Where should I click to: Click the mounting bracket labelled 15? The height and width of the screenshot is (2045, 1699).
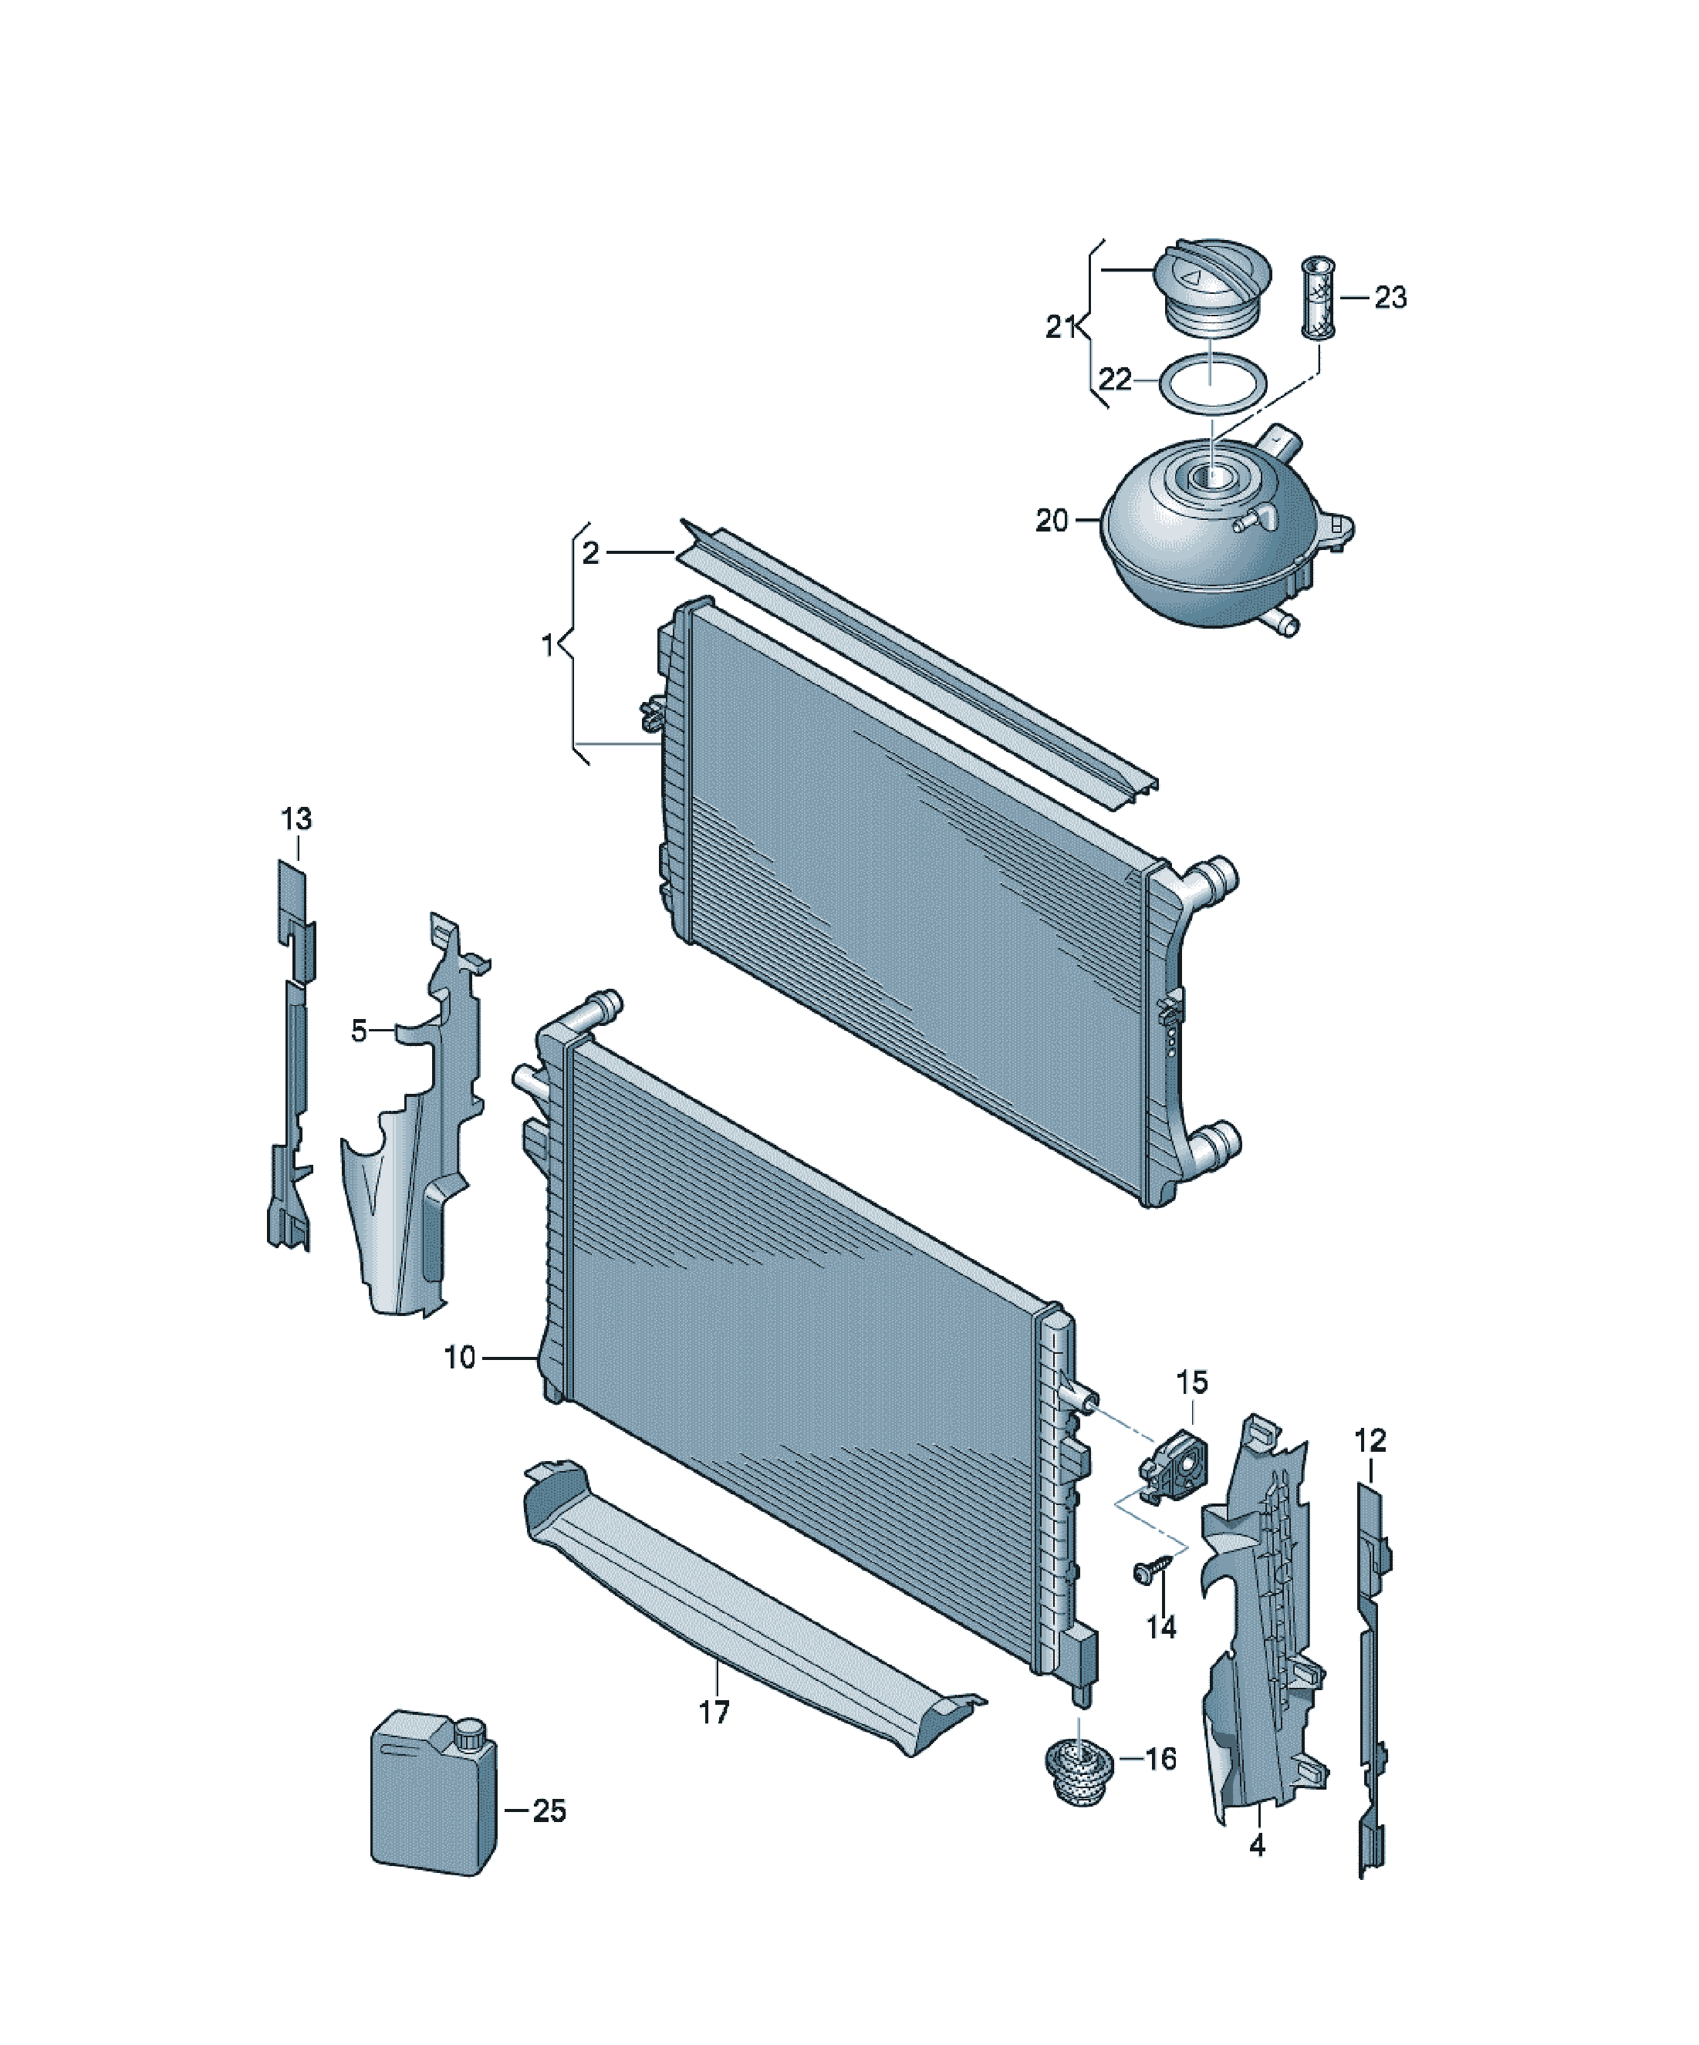1174,1473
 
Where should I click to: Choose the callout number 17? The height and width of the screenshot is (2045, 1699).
714,1712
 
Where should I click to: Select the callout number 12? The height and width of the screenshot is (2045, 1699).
1370,1439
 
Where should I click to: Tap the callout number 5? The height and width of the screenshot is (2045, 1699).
360,1031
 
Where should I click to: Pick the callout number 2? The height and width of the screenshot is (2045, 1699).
590,553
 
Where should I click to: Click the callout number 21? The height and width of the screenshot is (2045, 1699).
1061,327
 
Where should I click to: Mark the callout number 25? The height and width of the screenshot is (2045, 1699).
549,1810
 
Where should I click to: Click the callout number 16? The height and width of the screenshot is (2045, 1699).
1160,1759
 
